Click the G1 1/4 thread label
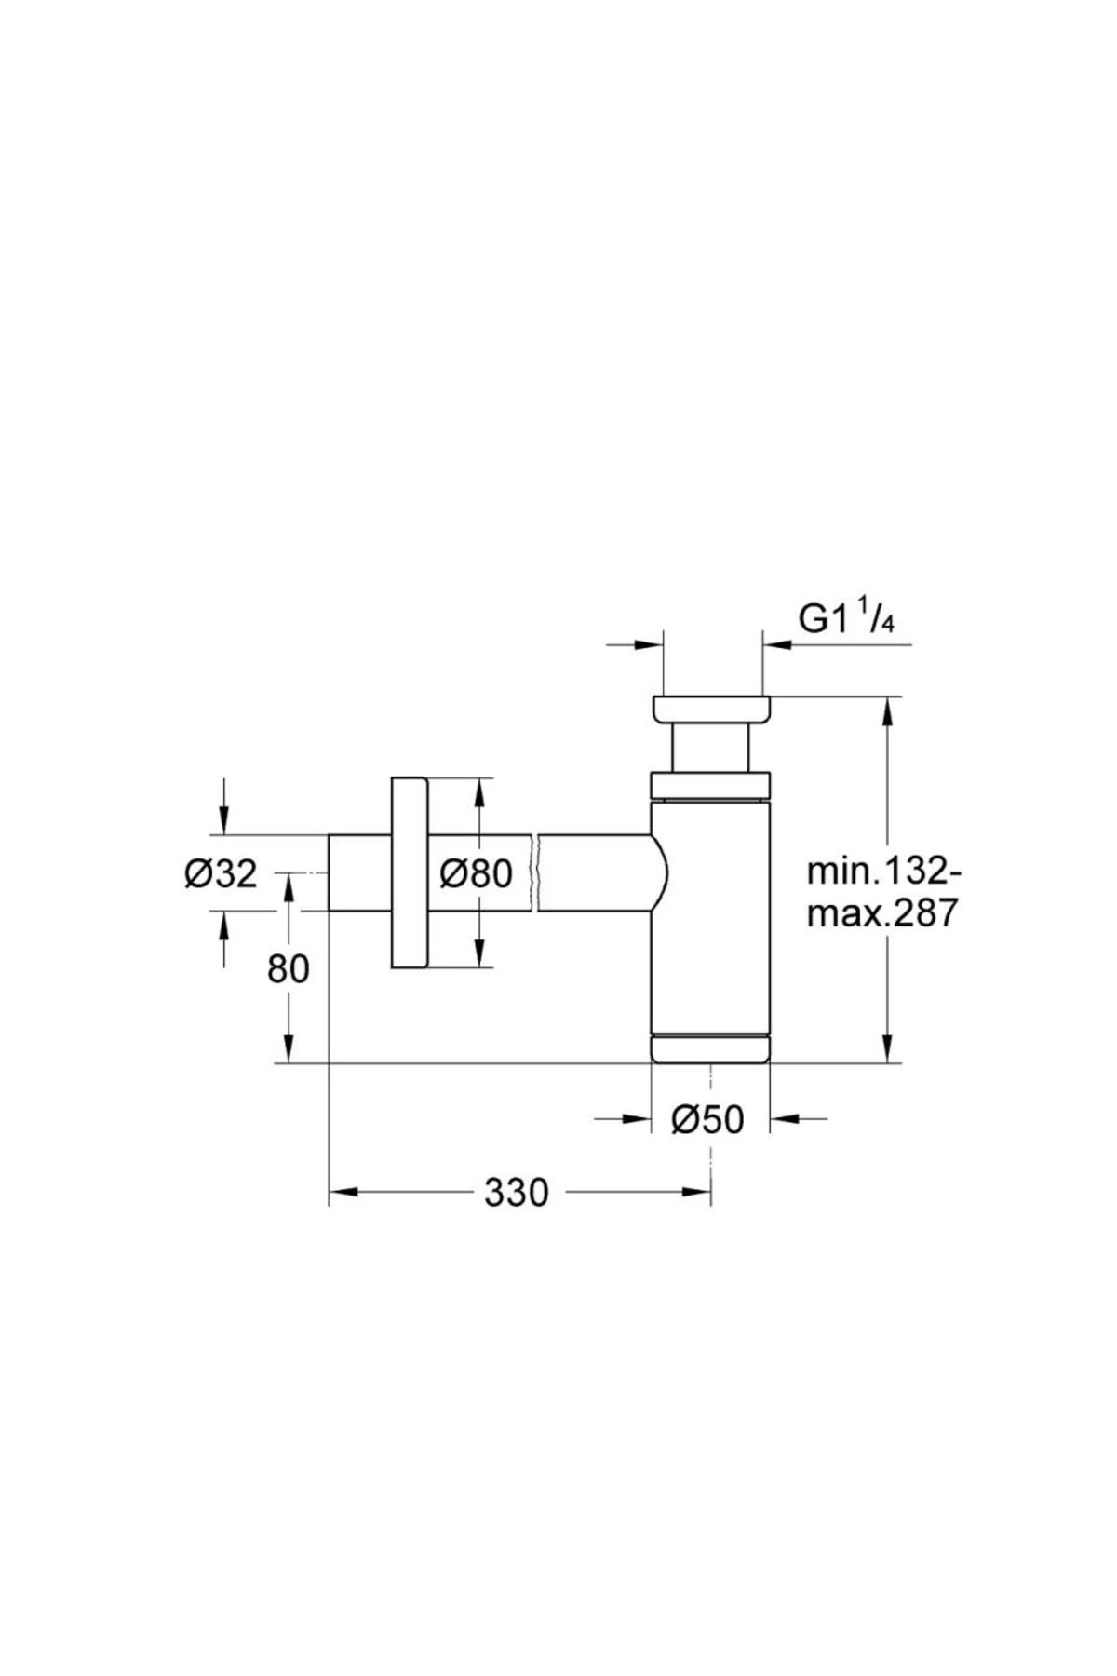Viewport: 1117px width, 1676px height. pos(846,618)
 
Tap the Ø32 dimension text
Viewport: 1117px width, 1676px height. pos(221,874)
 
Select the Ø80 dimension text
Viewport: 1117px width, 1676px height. pos(476,873)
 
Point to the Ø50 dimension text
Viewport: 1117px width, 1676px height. pos(708,1120)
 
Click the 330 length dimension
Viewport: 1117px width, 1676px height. pos(517,1192)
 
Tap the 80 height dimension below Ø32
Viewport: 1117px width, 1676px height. pos(288,969)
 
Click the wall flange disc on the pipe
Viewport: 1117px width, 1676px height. pos(409,873)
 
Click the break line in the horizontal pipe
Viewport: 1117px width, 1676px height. pos(534,872)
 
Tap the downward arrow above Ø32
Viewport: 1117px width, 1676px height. pos(223,819)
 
